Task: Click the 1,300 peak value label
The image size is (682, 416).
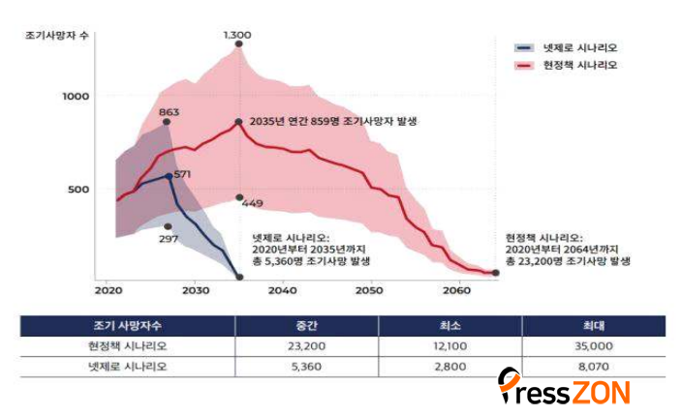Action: coord(237,35)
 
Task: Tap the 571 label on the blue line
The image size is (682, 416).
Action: coord(183,173)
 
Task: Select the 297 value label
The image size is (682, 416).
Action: coord(169,237)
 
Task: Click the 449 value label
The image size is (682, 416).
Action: coord(252,203)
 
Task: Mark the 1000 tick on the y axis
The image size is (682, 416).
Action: coord(76,97)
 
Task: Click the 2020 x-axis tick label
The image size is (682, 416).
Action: coord(108,289)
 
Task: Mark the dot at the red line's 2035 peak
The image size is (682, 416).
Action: coord(238,122)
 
